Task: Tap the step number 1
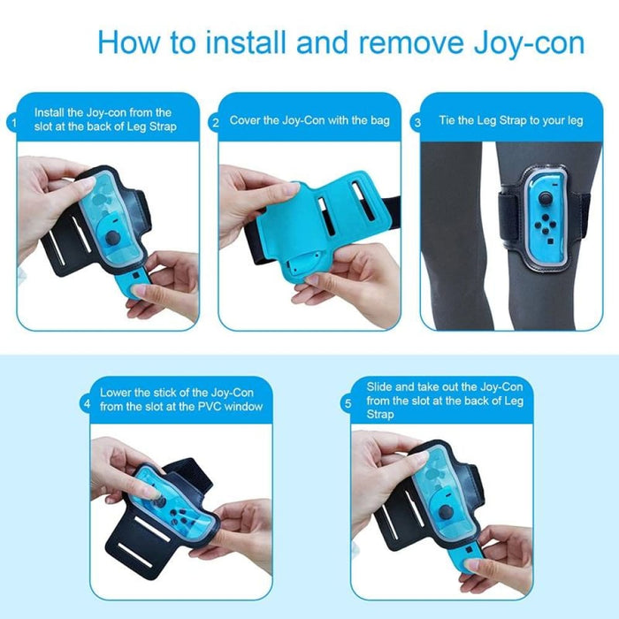(x=13, y=123)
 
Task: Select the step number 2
(x=215, y=123)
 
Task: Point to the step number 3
(x=417, y=123)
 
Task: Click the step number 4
(x=87, y=404)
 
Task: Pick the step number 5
(x=348, y=404)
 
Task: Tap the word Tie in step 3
(x=448, y=120)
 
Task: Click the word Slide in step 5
(x=381, y=386)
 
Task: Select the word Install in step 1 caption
(x=50, y=113)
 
